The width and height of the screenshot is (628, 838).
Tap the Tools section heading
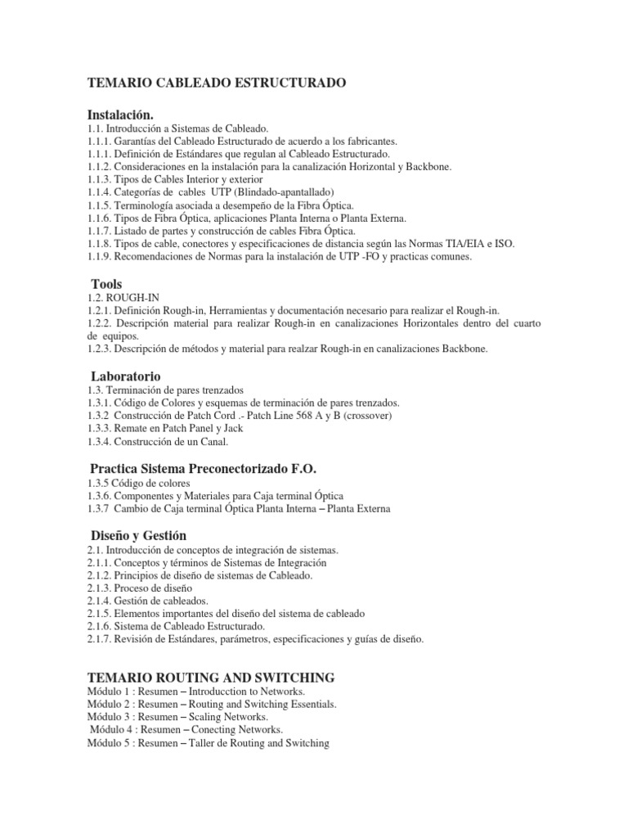pyautogui.click(x=107, y=284)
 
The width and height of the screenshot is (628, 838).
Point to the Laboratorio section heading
pyautogui.click(x=126, y=376)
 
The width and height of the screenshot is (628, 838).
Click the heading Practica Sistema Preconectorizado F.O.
pyautogui.click(x=202, y=468)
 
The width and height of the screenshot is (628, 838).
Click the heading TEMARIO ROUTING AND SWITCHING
pyautogui.click(x=211, y=677)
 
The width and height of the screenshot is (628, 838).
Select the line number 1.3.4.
pyautogui.click(x=102, y=442)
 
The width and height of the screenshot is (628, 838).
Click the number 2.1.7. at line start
pyautogui.click(x=102, y=638)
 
